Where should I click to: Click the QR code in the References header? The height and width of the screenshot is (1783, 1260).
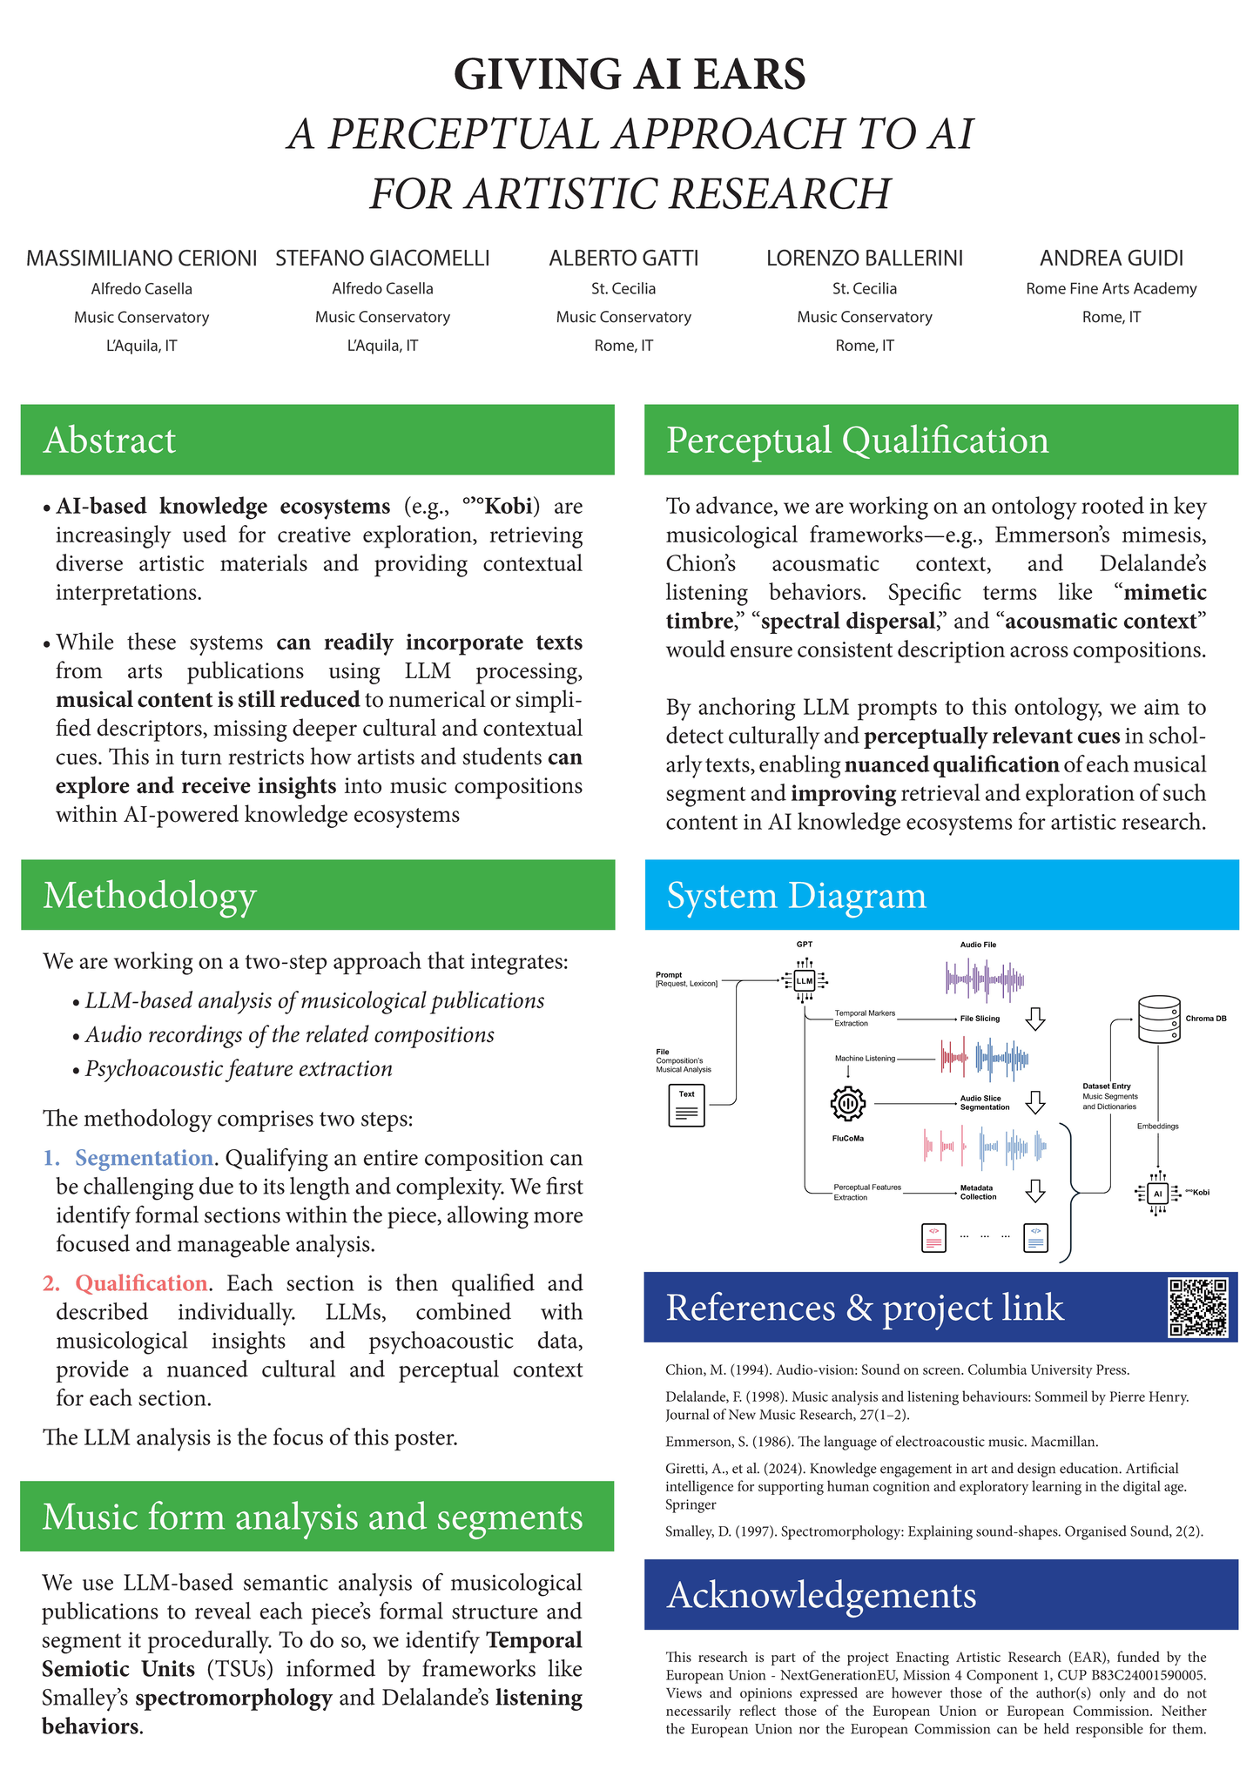point(1198,1307)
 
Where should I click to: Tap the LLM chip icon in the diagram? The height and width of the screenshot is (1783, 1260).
point(804,981)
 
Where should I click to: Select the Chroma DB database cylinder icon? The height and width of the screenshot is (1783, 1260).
point(1159,1019)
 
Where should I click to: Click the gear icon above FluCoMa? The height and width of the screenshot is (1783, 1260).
point(848,1104)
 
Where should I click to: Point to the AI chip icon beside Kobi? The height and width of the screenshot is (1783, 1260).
point(1158,1194)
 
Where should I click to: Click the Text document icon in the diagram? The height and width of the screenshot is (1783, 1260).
point(686,1105)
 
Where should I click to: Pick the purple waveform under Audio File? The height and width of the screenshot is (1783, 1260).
point(985,979)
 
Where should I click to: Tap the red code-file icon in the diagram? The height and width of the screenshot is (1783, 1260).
point(933,1237)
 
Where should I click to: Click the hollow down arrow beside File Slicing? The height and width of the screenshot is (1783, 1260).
point(1035,1018)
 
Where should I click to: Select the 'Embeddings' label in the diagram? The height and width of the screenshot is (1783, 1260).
point(1157,1126)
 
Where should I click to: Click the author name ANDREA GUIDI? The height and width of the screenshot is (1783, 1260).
point(1111,259)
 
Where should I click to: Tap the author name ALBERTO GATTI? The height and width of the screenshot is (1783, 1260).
point(623,259)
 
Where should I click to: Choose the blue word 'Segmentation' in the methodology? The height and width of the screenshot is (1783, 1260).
point(145,1158)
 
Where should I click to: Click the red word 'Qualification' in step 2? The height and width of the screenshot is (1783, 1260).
point(141,1283)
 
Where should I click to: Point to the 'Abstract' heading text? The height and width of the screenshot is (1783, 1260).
point(110,441)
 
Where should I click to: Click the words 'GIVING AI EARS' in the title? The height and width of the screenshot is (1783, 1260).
point(630,74)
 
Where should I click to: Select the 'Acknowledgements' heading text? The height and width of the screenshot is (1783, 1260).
point(821,1594)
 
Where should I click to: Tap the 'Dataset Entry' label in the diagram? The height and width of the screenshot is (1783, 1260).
point(1107,1087)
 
